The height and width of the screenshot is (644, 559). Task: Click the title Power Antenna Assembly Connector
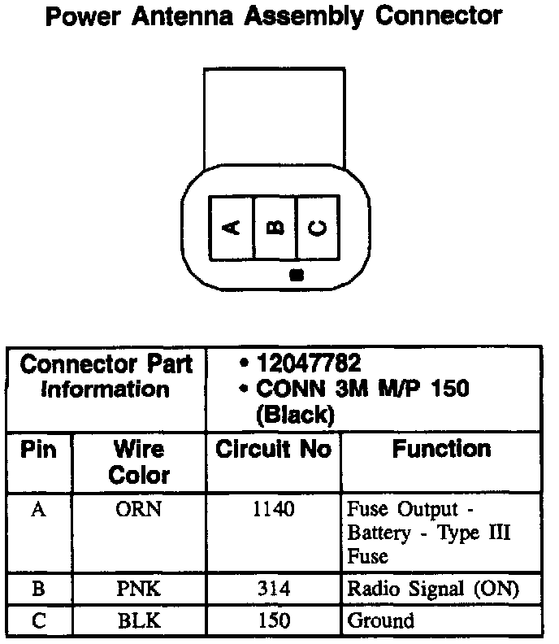click(274, 17)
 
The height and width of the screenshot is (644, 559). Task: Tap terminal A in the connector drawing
click(232, 228)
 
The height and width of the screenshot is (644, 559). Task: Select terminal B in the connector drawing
click(276, 228)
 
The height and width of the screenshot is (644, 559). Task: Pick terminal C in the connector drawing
click(318, 228)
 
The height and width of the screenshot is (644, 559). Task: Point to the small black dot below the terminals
click(296, 275)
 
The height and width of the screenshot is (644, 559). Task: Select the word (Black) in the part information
click(294, 415)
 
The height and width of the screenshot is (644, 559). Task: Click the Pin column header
click(39, 450)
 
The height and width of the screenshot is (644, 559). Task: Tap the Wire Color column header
click(138, 462)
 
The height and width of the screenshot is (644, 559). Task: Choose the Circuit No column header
click(273, 450)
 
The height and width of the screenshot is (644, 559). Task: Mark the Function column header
click(441, 449)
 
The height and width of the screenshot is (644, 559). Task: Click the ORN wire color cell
click(139, 511)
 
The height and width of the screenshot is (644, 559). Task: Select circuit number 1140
click(273, 511)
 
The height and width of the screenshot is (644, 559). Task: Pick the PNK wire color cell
click(139, 589)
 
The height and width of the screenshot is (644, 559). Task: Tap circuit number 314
click(273, 589)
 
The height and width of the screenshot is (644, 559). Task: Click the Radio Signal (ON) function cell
click(432, 589)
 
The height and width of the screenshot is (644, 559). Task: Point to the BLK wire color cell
click(139, 621)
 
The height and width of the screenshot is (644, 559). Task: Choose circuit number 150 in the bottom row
click(273, 621)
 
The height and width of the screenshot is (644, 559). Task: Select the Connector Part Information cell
click(106, 376)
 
